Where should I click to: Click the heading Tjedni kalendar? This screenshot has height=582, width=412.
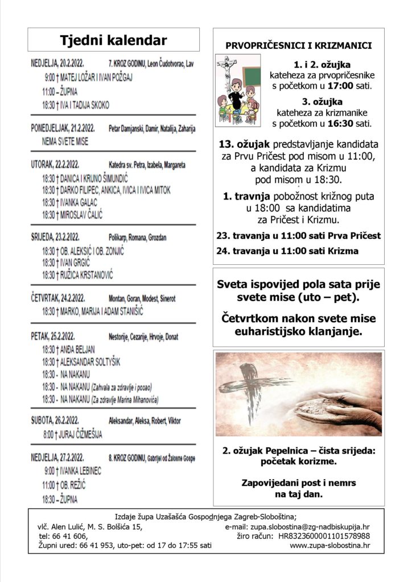[x=114, y=40]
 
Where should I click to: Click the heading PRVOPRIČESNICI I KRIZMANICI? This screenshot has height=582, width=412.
[x=299, y=45]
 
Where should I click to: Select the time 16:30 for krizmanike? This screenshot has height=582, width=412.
[x=340, y=123]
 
